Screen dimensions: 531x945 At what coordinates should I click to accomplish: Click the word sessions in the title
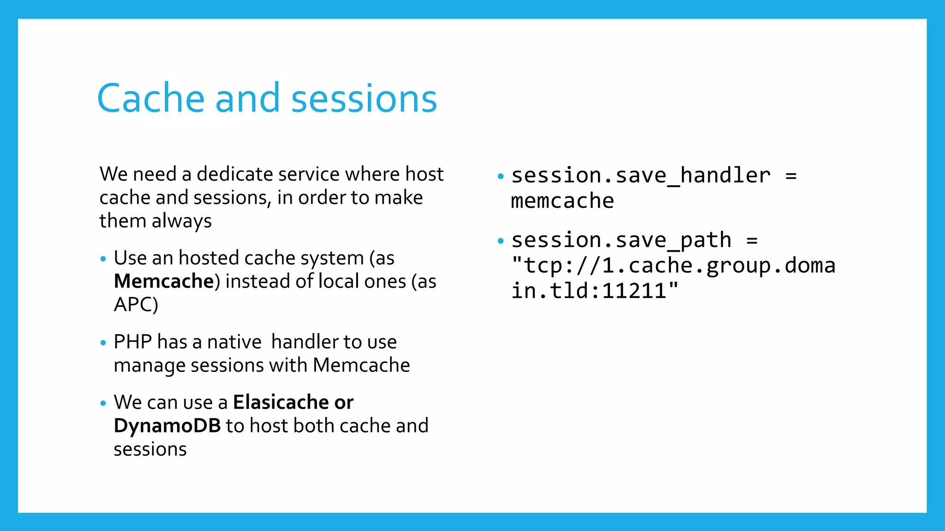click(364, 99)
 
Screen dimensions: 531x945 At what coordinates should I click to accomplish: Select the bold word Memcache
click(164, 281)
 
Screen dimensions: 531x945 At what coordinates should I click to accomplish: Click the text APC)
click(136, 305)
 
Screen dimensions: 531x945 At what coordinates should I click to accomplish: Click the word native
click(234, 342)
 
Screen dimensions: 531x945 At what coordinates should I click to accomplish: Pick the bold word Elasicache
click(281, 402)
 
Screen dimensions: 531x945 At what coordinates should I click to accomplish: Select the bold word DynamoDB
click(167, 426)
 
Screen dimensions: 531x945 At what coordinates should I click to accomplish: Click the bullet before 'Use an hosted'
click(103, 259)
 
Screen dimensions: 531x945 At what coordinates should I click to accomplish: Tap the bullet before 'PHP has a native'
click(103, 342)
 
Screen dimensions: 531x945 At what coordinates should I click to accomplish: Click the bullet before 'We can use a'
click(103, 403)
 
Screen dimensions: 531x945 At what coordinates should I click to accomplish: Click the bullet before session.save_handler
click(501, 176)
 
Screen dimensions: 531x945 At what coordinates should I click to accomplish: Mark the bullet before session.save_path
click(501, 241)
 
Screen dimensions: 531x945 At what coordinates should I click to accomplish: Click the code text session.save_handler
click(640, 176)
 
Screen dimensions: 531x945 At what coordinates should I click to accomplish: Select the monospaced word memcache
click(562, 201)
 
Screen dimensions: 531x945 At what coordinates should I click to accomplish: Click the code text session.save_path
click(621, 240)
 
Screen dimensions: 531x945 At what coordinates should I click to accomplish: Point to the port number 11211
click(634, 291)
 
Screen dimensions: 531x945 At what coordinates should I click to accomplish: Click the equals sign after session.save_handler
click(791, 176)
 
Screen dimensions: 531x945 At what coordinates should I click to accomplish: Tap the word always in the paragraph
click(181, 221)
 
